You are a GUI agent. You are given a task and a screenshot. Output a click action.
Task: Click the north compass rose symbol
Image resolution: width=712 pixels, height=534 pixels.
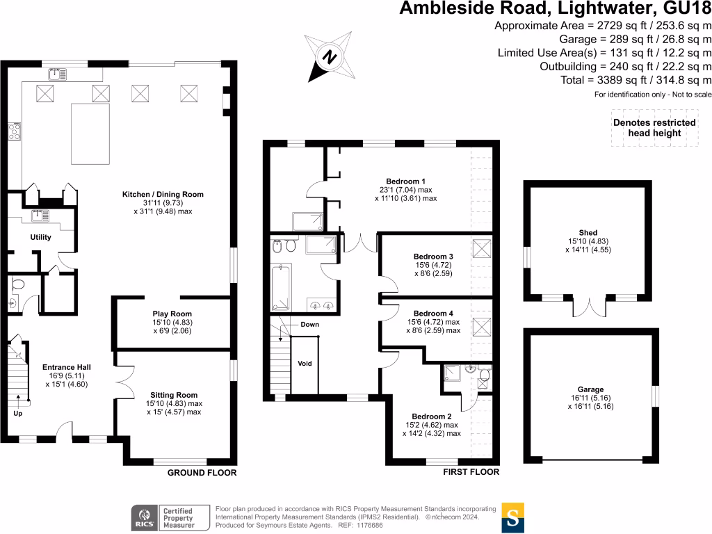(x=330, y=56)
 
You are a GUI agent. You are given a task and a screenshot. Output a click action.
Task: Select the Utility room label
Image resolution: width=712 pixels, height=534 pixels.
(x=40, y=237)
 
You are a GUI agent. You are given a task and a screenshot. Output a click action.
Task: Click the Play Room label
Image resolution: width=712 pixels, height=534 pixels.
(x=172, y=314)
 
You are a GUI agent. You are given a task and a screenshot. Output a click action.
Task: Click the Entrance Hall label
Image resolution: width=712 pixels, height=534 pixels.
(x=67, y=367)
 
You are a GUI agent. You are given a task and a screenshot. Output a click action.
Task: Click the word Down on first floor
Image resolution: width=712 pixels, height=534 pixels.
(x=310, y=325)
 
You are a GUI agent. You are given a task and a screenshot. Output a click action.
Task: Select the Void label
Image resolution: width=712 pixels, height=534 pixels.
(x=305, y=363)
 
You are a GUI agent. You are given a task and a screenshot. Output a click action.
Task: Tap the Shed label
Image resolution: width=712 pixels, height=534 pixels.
(x=588, y=233)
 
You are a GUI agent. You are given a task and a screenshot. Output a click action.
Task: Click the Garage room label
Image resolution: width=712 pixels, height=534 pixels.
(x=590, y=389)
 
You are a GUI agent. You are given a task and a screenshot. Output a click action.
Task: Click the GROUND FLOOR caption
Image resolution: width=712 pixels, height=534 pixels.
(x=202, y=473)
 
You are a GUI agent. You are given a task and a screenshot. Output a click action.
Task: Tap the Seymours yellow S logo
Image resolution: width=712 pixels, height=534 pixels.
(x=512, y=517)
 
